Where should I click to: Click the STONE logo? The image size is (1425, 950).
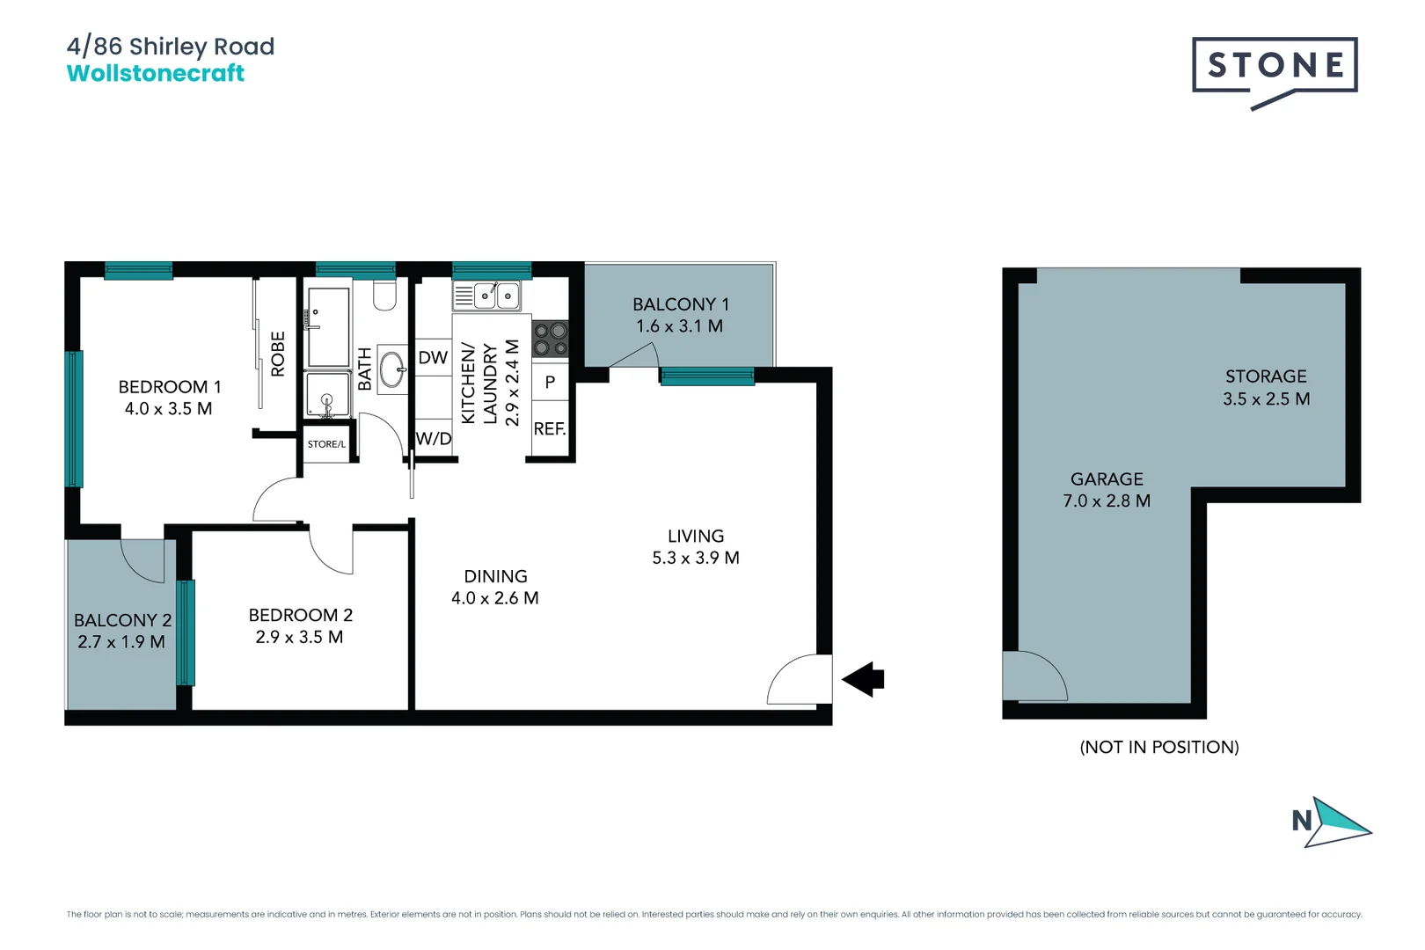(1274, 66)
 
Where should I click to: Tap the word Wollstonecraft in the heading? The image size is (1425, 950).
(156, 73)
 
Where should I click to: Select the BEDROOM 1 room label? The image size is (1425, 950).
(170, 387)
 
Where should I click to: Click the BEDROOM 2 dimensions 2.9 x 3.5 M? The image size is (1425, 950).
(299, 637)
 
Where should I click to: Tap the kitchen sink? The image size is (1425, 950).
(496, 296)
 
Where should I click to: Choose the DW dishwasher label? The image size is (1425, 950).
(433, 358)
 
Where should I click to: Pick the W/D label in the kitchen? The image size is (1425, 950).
(434, 438)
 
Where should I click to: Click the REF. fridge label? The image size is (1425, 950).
(550, 429)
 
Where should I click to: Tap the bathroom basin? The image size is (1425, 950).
(392, 369)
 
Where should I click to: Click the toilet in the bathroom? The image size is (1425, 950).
(384, 295)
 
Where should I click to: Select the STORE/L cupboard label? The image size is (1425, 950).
(326, 444)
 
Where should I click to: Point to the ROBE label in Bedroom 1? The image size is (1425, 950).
(278, 354)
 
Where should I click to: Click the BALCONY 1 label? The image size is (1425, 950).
(680, 304)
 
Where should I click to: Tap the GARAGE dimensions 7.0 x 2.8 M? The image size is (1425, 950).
(1107, 501)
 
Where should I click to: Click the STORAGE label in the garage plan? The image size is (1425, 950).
(1266, 376)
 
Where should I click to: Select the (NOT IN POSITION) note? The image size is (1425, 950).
(1159, 747)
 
